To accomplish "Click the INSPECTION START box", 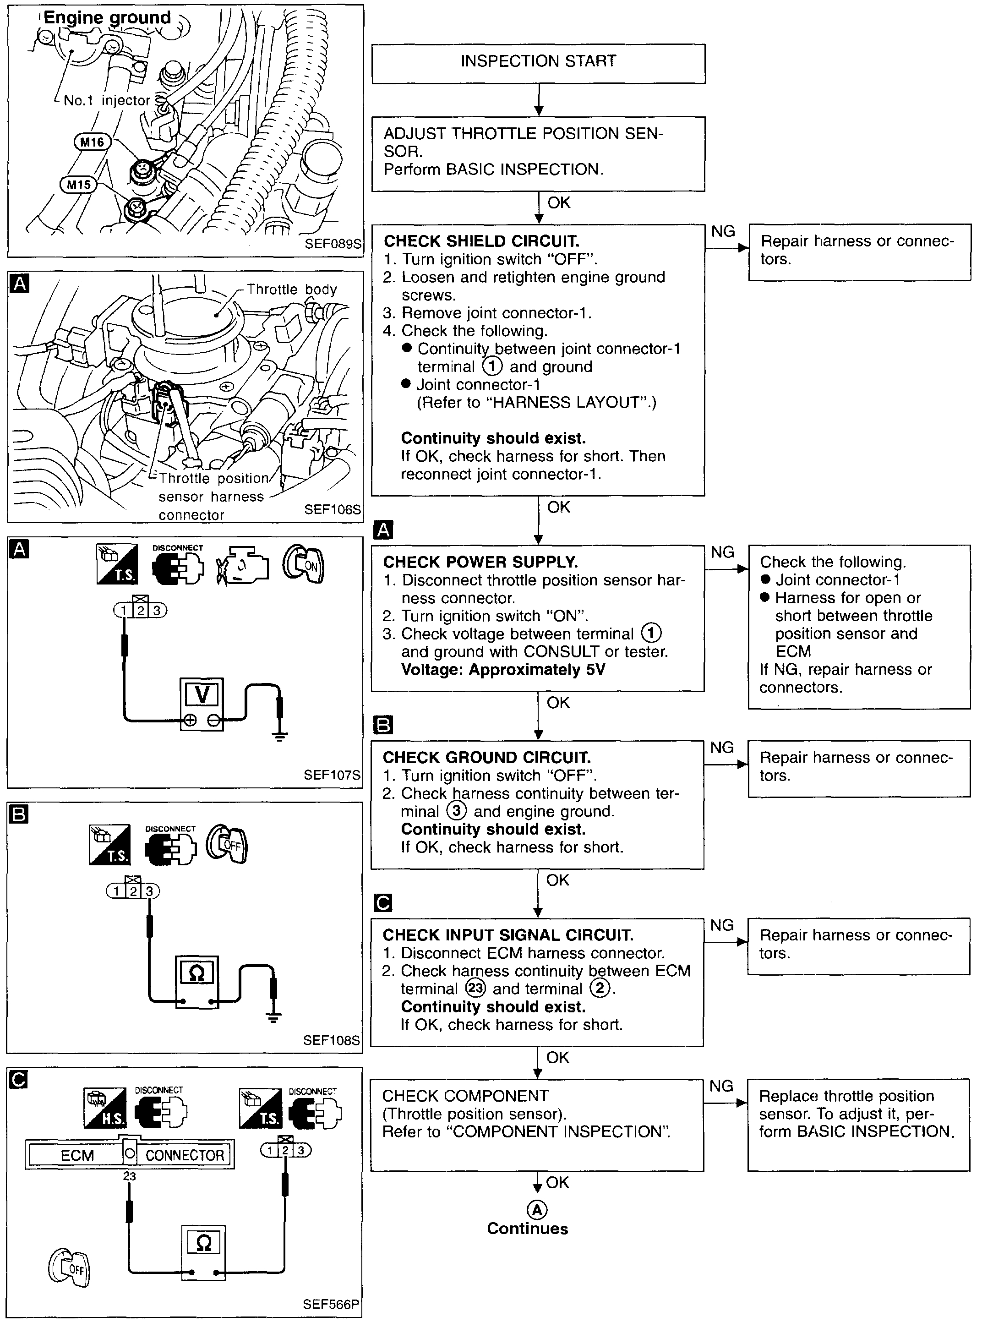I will coord(538,62).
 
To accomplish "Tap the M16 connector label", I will coord(92,142).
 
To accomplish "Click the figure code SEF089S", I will coord(332,244).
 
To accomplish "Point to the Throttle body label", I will coord(291,290).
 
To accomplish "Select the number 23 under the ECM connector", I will coord(129,1176).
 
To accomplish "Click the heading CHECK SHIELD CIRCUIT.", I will coord(481,241).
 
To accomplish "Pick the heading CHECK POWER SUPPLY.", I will coord(480,563).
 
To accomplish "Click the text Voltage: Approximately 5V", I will coord(503,670).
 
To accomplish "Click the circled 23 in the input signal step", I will coord(475,989).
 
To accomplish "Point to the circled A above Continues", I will coord(537,1210).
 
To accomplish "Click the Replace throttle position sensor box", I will coord(858,1125).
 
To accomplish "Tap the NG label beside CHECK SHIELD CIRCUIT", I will coord(723,232).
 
